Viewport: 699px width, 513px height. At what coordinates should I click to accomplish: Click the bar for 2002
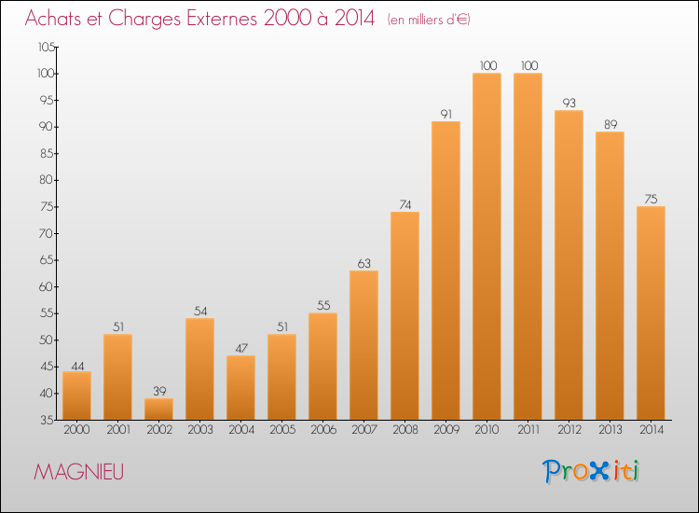point(158,409)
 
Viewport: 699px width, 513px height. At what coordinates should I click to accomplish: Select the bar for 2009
point(445,270)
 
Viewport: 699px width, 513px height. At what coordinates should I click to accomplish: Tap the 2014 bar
point(651,313)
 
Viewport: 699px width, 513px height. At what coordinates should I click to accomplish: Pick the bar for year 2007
point(363,345)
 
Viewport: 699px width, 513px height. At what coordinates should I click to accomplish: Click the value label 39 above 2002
point(159,391)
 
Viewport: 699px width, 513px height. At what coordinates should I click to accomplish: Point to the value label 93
point(569,103)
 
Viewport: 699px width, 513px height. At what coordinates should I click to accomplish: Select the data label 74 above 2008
point(404,205)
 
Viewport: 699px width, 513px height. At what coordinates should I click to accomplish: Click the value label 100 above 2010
point(488,65)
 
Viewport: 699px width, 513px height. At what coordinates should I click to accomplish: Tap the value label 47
point(241,349)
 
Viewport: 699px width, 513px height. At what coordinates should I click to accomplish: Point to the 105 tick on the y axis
point(47,47)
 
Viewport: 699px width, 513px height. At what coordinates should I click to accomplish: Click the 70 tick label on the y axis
point(47,233)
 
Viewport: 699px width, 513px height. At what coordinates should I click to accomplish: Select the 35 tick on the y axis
point(47,420)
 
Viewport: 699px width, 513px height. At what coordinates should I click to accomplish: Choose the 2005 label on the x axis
point(282,430)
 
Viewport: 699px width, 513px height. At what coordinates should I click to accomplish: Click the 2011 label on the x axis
point(528,430)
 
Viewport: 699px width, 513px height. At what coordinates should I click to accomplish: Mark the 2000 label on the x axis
point(76,430)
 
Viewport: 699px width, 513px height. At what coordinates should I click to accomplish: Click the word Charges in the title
point(144,20)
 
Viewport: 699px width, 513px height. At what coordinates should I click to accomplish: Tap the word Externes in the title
point(222,18)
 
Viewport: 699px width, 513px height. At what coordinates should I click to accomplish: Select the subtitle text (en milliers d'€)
point(429,20)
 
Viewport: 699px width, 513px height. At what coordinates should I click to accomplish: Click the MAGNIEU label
point(78,472)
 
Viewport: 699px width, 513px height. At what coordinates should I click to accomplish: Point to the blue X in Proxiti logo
point(598,471)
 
